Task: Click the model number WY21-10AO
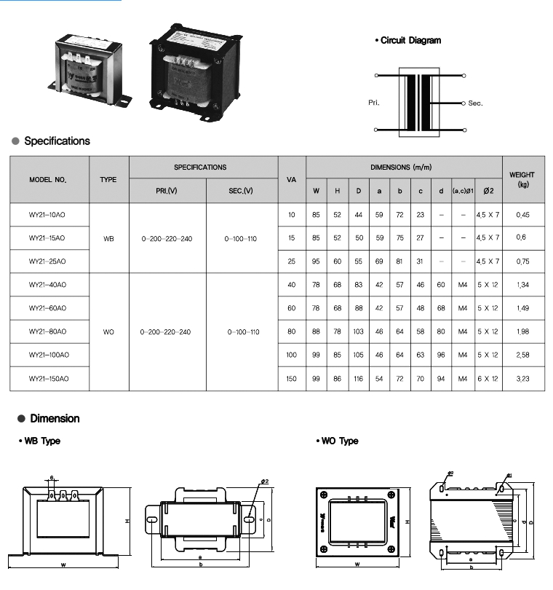pos(47,214)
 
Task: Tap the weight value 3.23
pos(522,379)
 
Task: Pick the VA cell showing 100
pos(292,355)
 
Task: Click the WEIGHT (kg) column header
pos(522,179)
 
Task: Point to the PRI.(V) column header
pos(167,191)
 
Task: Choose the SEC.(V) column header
pos(242,191)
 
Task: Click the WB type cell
pos(108,238)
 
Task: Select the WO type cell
pos(108,331)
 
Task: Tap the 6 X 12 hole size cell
pos(488,379)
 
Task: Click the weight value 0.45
pos(522,214)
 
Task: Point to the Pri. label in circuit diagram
pos(375,103)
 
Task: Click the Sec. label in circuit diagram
pos(475,103)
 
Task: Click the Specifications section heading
pos(57,141)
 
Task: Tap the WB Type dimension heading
pos(41,441)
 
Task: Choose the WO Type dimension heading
pos(340,441)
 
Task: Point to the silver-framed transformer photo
pos(85,67)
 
